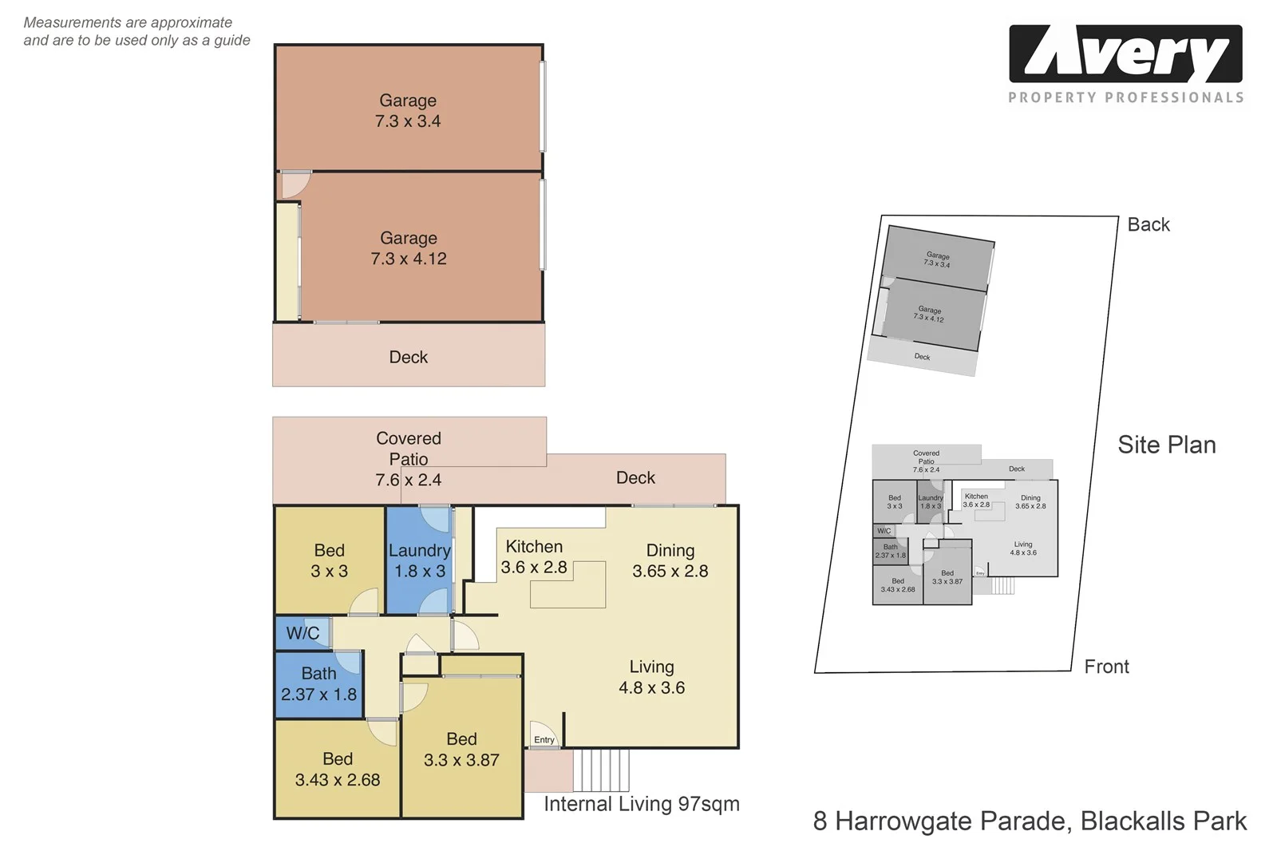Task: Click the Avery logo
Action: pyautogui.click(x=1125, y=54)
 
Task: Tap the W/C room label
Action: pyautogui.click(x=302, y=633)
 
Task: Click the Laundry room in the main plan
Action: pyautogui.click(x=419, y=560)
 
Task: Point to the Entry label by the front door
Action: pyautogui.click(x=544, y=740)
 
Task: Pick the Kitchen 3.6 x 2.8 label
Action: pyautogui.click(x=534, y=557)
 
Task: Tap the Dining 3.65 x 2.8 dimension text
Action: pyautogui.click(x=670, y=571)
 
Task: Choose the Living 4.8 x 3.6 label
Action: pyautogui.click(x=651, y=677)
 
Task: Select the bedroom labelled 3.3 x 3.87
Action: pyautogui.click(x=461, y=750)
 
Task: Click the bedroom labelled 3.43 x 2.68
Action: pyautogui.click(x=338, y=770)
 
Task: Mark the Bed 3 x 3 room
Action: pyautogui.click(x=329, y=560)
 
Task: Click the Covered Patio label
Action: pyautogui.click(x=409, y=449)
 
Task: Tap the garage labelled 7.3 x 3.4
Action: pyautogui.click(x=408, y=110)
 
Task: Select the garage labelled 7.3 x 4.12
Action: pyautogui.click(x=409, y=247)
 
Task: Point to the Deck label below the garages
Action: pyautogui.click(x=409, y=357)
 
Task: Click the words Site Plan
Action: pyautogui.click(x=1166, y=445)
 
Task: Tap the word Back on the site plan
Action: pyautogui.click(x=1149, y=224)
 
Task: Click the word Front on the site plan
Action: pyautogui.click(x=1106, y=667)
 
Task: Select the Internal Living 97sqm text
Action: pyautogui.click(x=642, y=804)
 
